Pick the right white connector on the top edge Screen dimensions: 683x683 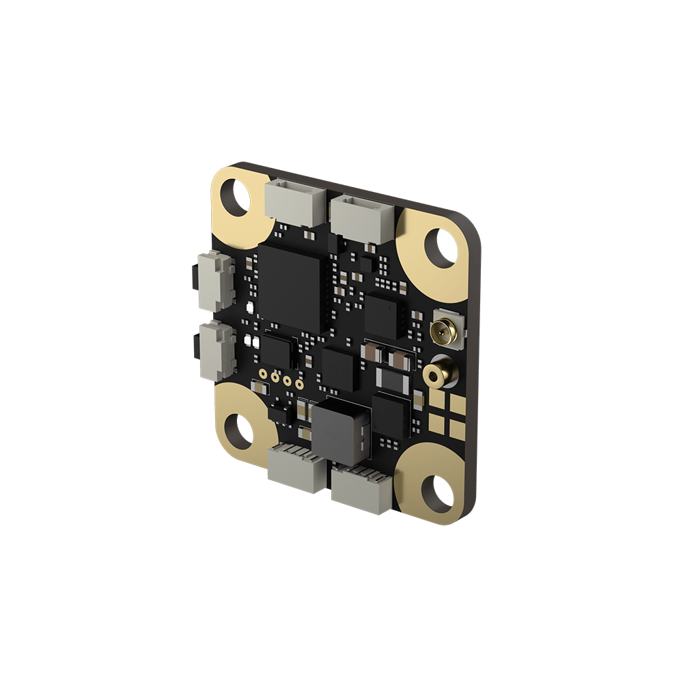tap(363, 217)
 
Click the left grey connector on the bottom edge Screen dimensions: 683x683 tap(296, 467)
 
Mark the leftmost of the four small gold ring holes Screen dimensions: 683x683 tap(263, 374)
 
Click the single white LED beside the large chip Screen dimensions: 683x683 tap(250, 308)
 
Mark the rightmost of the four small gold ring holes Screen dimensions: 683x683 tap(300, 382)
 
